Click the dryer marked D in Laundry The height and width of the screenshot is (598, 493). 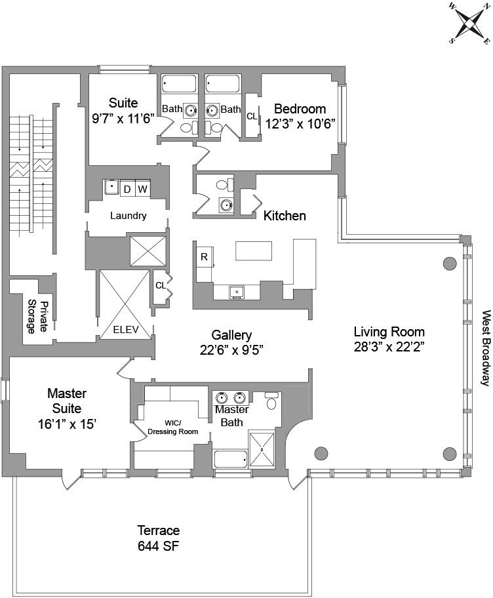pos(127,189)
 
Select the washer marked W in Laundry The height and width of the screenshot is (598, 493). pos(143,189)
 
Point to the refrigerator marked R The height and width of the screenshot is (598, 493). pos(204,257)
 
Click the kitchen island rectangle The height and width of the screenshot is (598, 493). pos(254,251)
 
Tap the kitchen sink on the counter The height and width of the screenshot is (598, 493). pos(236,292)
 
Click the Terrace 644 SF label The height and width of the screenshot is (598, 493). pos(158,538)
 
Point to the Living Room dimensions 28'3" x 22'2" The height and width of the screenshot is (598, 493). pos(389,348)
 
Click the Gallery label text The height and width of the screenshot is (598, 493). pos(231,334)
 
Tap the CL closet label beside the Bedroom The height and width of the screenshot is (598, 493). pos(252,116)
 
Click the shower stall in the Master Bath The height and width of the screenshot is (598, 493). pos(266,449)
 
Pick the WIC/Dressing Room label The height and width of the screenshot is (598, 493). pos(172,427)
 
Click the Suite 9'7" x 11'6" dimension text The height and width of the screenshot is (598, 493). pos(123,120)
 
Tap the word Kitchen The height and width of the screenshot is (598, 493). pos(285,215)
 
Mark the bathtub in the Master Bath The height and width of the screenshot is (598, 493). pos(230,460)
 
